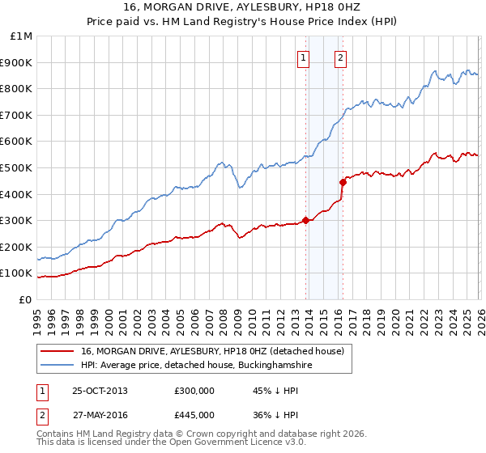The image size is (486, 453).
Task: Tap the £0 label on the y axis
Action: click(x=26, y=299)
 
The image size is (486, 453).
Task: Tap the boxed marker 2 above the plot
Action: click(x=341, y=57)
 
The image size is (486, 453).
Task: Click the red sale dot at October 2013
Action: click(x=305, y=220)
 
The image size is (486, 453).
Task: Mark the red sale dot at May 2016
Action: click(x=343, y=182)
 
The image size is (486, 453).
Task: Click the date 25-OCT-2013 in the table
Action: click(x=100, y=391)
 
